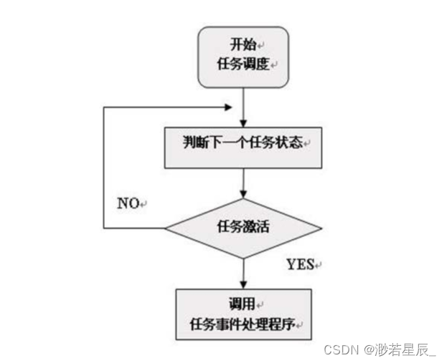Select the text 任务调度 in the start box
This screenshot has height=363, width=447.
coord(242,63)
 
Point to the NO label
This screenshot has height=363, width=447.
coord(129,203)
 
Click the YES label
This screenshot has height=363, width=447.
coord(301,265)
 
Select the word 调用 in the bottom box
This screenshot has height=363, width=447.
coord(243,301)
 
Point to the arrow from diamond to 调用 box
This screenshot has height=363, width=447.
coord(244,272)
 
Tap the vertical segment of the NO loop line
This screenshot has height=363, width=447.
coord(104,168)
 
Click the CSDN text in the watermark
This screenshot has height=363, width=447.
coord(340,349)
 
